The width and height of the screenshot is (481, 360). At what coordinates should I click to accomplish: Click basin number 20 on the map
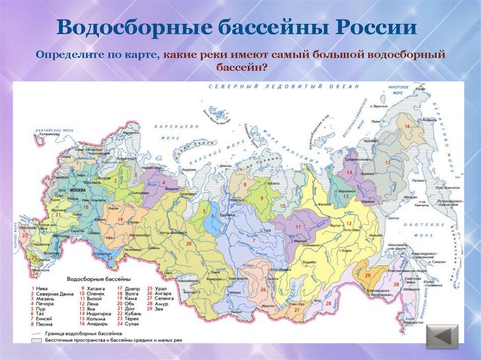(x=189, y=243)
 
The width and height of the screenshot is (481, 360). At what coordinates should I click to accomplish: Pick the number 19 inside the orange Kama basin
(x=120, y=219)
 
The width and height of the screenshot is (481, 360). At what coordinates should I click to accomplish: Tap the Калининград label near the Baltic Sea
(x=49, y=134)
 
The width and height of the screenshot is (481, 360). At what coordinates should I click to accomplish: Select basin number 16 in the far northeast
(x=407, y=126)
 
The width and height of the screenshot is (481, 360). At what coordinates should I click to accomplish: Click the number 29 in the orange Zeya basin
(x=368, y=276)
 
